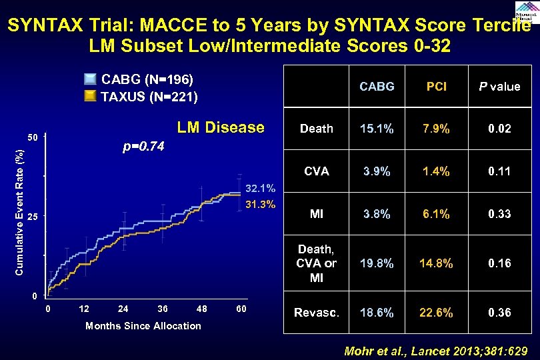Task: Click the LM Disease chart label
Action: click(220, 127)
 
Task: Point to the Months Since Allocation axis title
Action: click(143, 325)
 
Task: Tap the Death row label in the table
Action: click(317, 129)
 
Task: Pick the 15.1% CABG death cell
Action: click(377, 129)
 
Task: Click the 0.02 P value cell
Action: click(499, 129)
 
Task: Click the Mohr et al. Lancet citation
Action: click(435, 351)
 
